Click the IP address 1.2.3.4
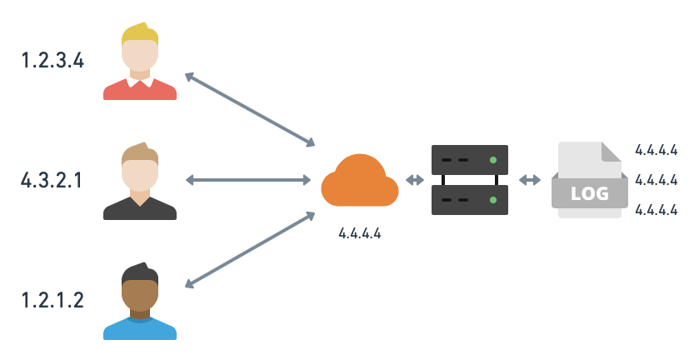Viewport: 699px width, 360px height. pyautogui.click(x=52, y=60)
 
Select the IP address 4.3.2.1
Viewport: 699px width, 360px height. pyautogui.click(x=52, y=180)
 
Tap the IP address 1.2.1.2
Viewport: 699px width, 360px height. pyautogui.click(x=52, y=300)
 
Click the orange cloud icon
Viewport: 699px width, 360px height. pyautogui.click(x=359, y=181)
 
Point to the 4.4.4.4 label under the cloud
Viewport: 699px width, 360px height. pyautogui.click(x=359, y=233)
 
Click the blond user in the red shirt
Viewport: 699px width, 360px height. pyautogui.click(x=140, y=63)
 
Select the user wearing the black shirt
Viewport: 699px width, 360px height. pyautogui.click(x=140, y=183)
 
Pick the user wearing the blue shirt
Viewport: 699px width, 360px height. pyautogui.click(x=140, y=303)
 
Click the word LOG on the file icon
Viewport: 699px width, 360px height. pyautogui.click(x=589, y=194)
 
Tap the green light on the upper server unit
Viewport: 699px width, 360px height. pyautogui.click(x=493, y=159)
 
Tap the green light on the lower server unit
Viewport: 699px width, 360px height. pyautogui.click(x=493, y=200)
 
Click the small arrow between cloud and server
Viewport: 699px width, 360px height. pyautogui.click(x=414, y=180)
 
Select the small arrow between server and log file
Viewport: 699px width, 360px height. pyautogui.click(x=529, y=180)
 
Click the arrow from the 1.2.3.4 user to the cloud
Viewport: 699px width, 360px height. pyautogui.click(x=249, y=109)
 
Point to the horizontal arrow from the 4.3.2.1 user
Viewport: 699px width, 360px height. pyautogui.click(x=247, y=180)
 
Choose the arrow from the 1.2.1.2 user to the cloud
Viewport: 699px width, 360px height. pyautogui.click(x=249, y=250)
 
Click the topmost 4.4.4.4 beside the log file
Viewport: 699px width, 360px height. pyautogui.click(x=656, y=150)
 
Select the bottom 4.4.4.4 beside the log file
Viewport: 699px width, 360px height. pyautogui.click(x=656, y=210)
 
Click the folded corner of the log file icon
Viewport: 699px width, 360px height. pyautogui.click(x=611, y=152)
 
